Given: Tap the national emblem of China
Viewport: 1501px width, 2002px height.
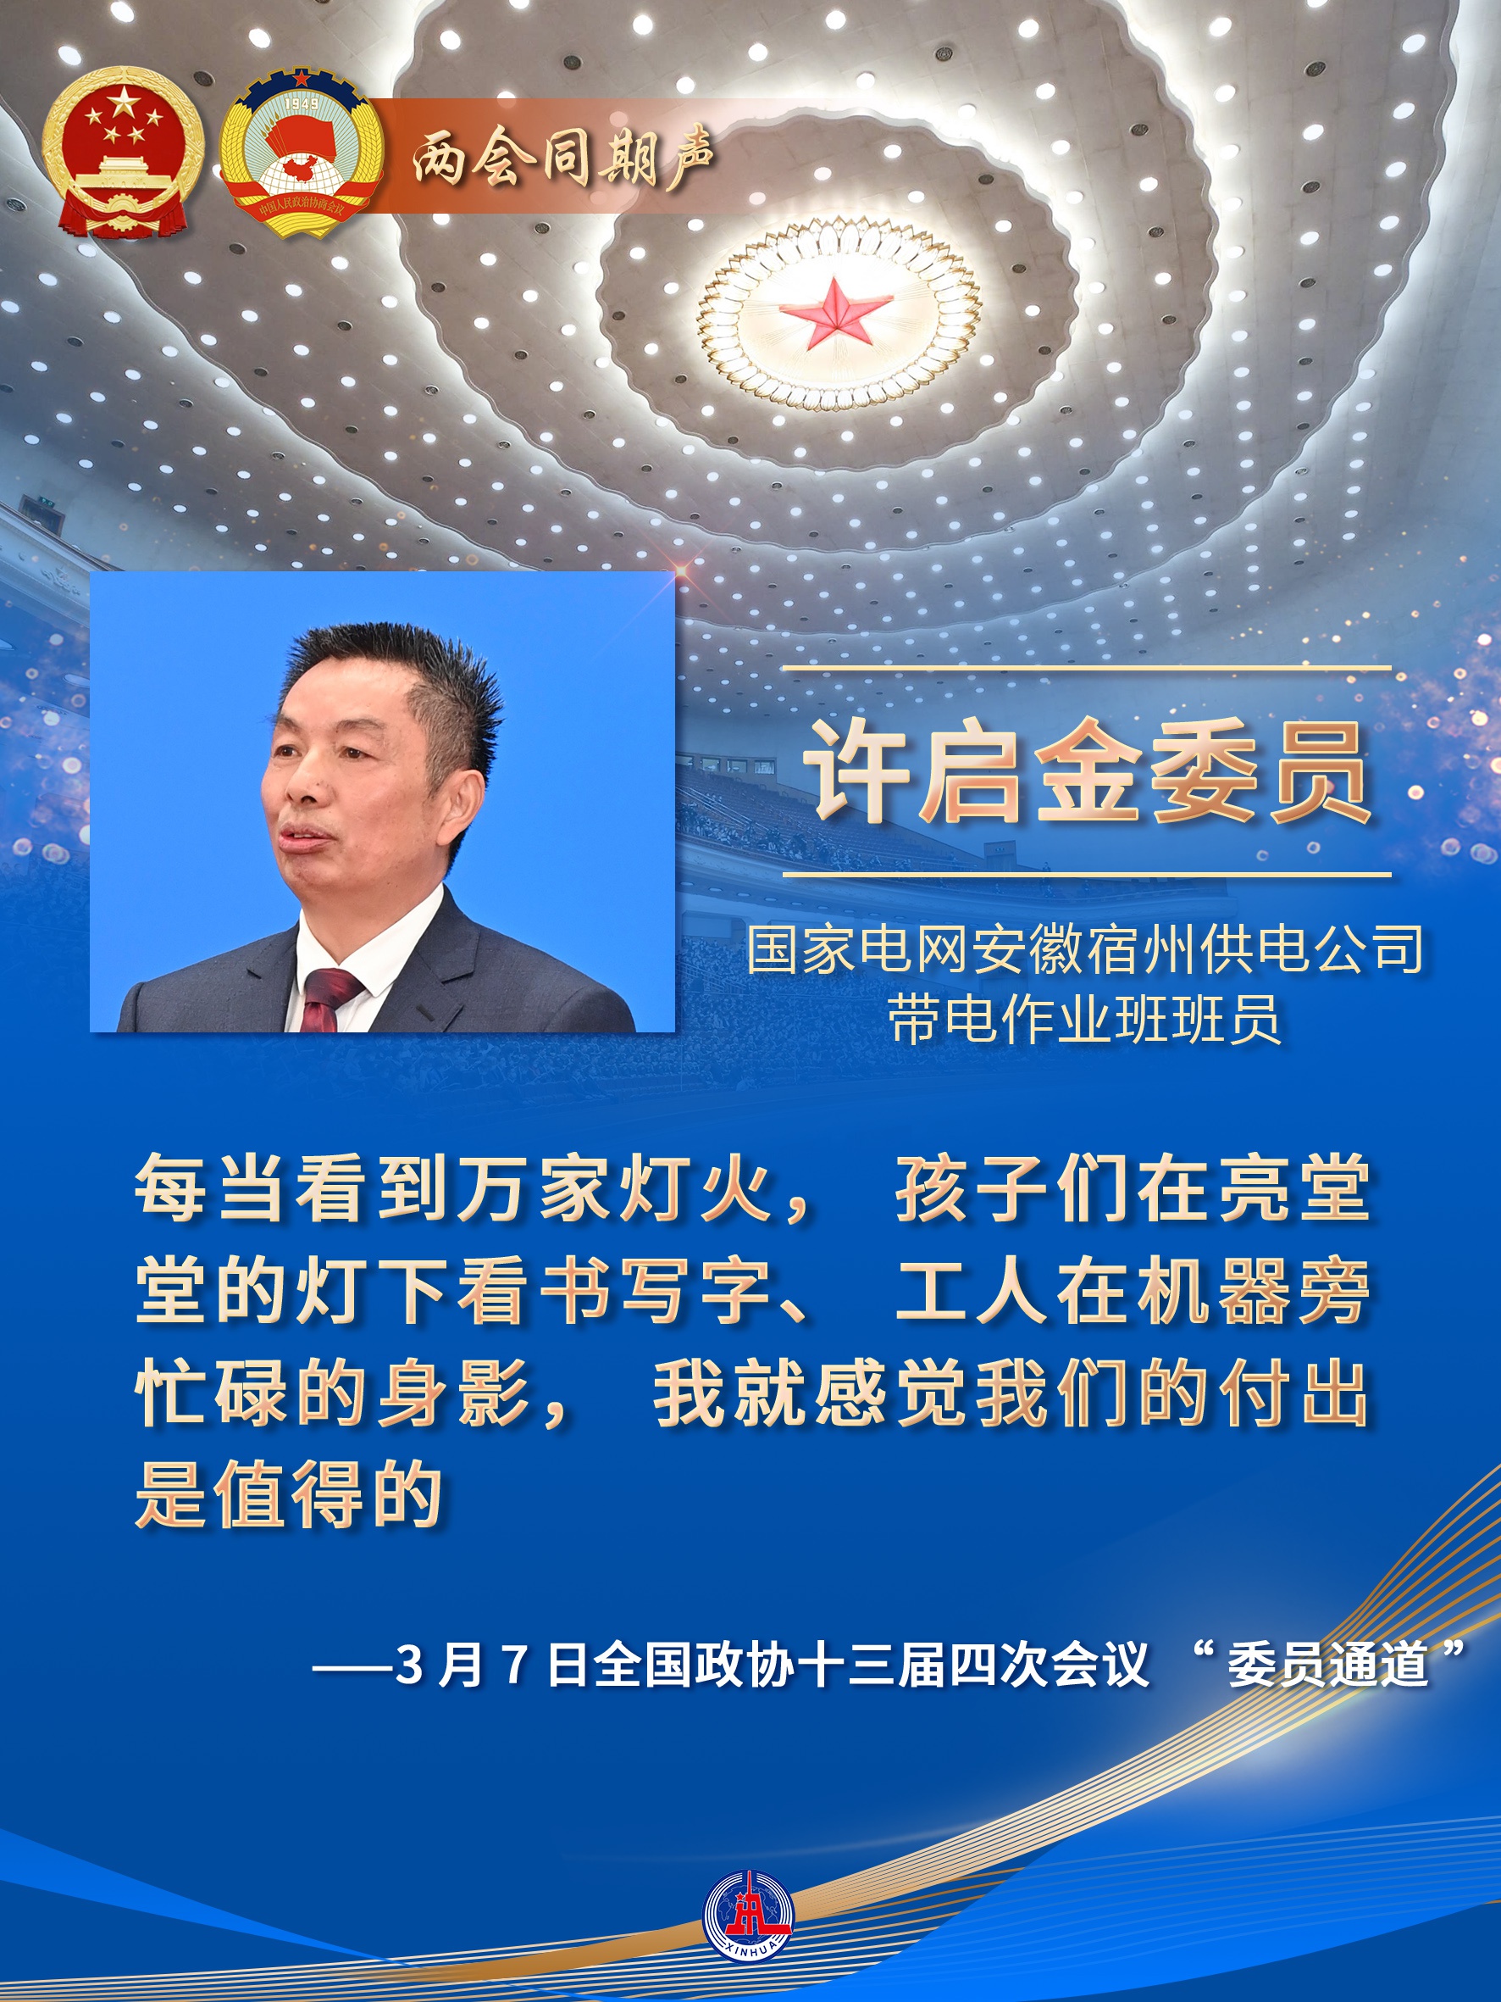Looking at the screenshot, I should click(x=123, y=153).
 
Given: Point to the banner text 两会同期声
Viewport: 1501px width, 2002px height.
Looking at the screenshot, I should click(x=562, y=158).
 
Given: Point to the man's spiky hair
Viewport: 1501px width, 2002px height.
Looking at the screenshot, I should click(x=407, y=670).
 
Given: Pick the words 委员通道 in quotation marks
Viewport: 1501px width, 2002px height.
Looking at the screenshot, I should click(x=1327, y=1666).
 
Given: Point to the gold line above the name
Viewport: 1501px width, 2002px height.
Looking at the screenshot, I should click(x=1086, y=668).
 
